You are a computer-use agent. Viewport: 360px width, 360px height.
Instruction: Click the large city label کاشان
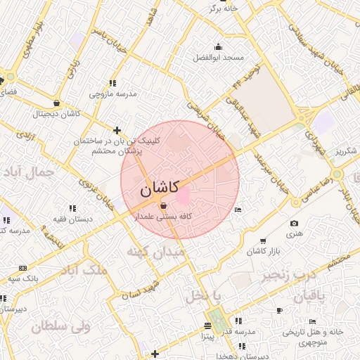pos(159,188)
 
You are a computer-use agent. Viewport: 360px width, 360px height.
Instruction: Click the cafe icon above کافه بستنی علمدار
pos(164,206)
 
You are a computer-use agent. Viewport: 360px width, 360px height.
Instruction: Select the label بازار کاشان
pos(265,251)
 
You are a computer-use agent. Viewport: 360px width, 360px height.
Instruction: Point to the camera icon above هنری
pos(293,224)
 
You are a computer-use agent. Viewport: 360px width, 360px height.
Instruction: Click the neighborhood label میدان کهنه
pos(155,250)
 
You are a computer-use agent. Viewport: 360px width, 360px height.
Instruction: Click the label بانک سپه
pos(23,278)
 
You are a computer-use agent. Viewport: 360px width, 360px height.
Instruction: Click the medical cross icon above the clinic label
pos(117,130)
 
